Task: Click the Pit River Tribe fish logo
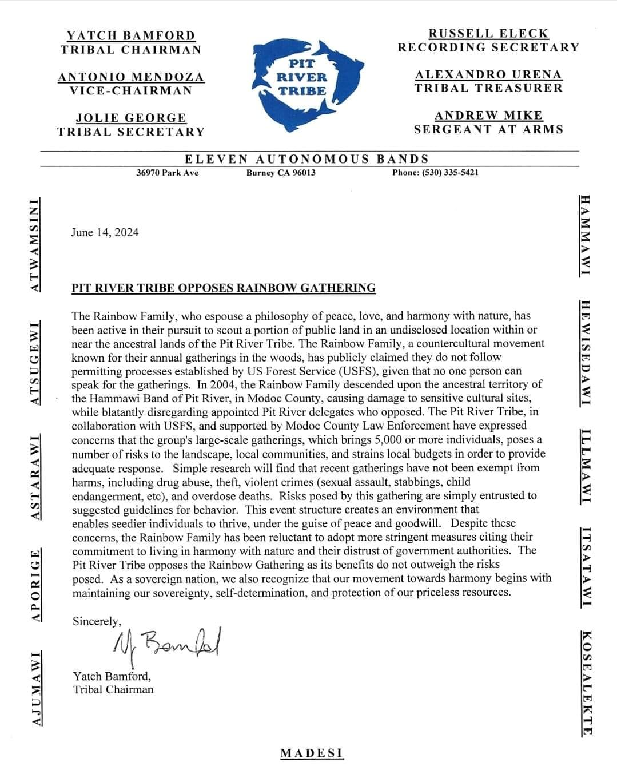point(309,86)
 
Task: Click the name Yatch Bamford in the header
point(131,35)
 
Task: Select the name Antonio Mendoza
point(131,77)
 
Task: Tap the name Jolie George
point(131,118)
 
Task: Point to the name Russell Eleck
point(488,33)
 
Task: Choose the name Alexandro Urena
point(488,74)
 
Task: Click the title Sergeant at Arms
point(488,129)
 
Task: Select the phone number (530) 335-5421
point(435,172)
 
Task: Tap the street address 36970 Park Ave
point(167,173)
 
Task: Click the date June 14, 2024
point(105,232)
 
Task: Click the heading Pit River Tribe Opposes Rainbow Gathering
point(224,288)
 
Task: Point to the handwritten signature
point(166,645)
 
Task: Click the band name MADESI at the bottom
point(312,753)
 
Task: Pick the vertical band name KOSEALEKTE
point(586,682)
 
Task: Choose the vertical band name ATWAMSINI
point(35,245)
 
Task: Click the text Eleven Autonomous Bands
point(306,159)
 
